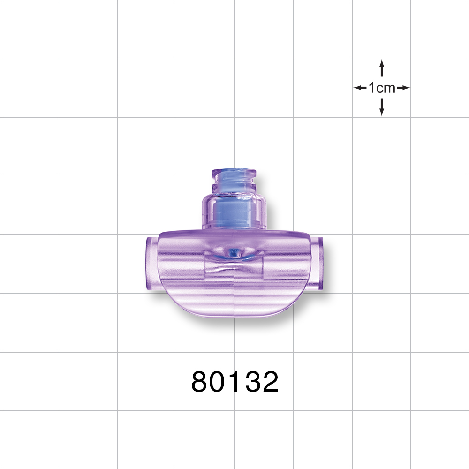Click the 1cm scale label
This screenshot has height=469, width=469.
382,88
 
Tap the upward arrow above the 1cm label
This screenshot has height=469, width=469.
382,68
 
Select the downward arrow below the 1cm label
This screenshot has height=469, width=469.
382,107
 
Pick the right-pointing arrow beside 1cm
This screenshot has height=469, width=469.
403,88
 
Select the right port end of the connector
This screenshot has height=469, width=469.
320,265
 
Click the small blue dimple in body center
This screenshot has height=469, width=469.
233,254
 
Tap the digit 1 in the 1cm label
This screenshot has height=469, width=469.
372,88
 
